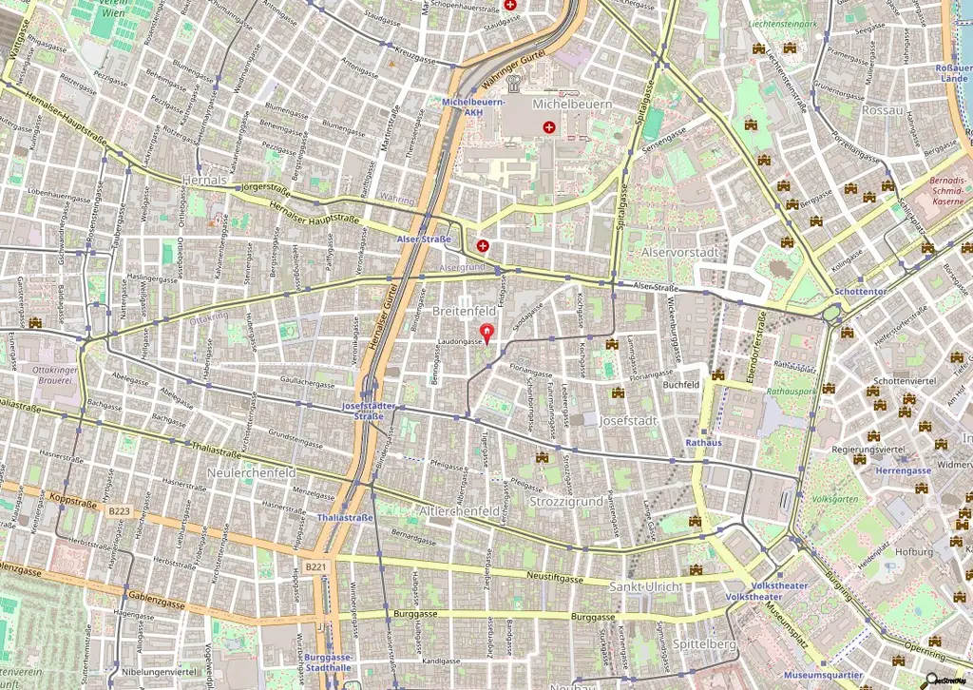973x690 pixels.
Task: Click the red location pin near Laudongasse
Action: [488, 333]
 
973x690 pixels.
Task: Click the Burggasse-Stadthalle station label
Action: [329, 661]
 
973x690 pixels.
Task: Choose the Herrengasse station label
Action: [904, 470]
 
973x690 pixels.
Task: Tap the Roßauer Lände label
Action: [952, 73]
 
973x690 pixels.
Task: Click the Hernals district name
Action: [204, 180]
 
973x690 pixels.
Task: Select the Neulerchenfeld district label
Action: [251, 472]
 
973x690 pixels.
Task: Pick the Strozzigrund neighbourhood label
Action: [565, 501]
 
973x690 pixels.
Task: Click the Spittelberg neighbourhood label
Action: [704, 643]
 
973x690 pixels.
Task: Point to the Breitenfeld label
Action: [465, 311]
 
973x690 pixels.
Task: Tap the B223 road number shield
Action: [119, 511]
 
